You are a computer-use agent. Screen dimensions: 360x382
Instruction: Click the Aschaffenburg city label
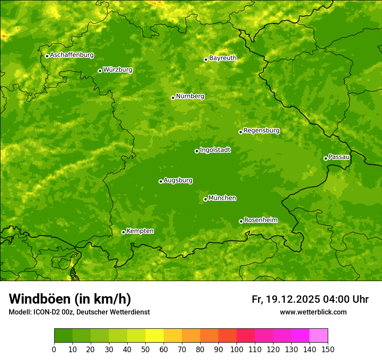click(72, 55)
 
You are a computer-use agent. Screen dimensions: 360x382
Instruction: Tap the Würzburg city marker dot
click(100, 71)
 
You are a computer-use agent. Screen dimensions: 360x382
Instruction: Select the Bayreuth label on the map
click(223, 58)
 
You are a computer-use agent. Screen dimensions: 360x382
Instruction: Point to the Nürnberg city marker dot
click(173, 98)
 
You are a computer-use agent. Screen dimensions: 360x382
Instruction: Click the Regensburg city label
click(261, 130)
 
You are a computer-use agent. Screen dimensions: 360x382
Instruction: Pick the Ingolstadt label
click(215, 150)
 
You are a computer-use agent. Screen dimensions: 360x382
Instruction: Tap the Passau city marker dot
click(326, 158)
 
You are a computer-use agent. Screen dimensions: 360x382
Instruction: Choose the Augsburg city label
click(178, 180)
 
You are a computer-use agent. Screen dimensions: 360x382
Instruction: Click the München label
click(222, 198)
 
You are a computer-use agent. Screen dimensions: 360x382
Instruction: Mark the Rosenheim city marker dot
click(241, 221)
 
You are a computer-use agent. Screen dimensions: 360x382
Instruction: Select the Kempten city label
click(140, 231)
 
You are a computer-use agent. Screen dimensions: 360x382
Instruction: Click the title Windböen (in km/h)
click(70, 299)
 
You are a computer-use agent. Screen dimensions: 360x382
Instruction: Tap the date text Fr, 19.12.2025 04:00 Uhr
click(310, 299)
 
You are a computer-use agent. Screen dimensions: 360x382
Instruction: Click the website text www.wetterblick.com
click(313, 312)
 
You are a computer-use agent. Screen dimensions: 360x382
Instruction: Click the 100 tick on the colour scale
click(237, 349)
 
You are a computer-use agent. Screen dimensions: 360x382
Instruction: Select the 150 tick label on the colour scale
click(328, 349)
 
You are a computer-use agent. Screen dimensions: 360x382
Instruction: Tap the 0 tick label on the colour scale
click(54, 349)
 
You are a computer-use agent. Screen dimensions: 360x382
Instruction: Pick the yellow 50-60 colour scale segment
click(155, 335)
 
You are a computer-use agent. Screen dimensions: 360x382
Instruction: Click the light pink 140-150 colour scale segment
click(319, 335)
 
